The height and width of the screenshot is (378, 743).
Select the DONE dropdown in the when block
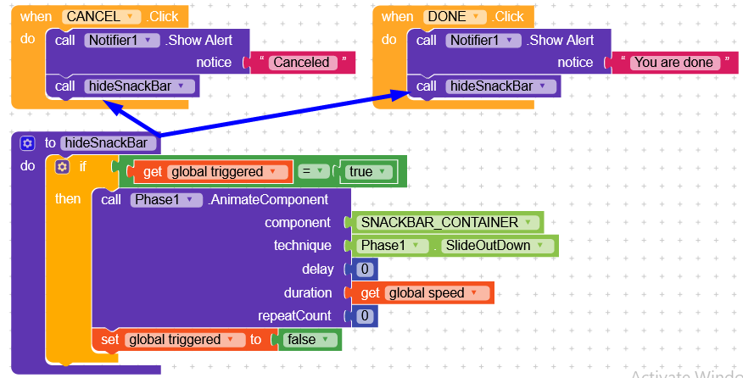click(455, 17)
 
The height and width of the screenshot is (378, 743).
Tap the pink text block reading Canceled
click(300, 62)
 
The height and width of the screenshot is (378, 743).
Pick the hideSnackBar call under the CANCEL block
click(140, 86)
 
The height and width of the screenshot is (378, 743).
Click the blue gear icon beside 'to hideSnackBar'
click(27, 143)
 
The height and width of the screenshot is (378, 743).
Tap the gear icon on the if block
click(62, 167)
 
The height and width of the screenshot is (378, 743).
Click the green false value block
click(306, 340)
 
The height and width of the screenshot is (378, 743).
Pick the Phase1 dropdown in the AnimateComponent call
click(166, 200)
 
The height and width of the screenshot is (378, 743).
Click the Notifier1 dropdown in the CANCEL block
click(122, 40)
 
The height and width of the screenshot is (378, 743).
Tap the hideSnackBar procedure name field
click(108, 143)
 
